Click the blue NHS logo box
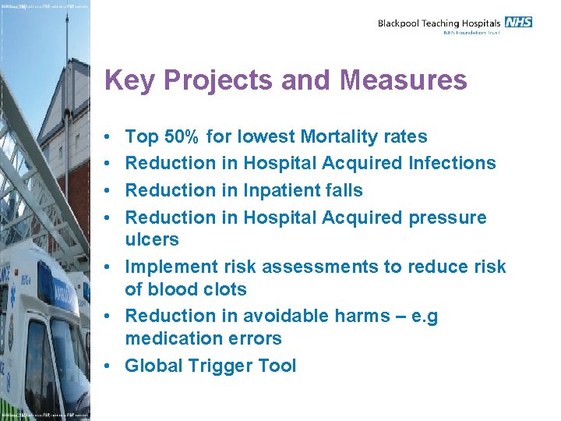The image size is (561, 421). (518, 22)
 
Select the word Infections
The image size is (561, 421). (452, 163)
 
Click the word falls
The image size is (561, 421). (344, 189)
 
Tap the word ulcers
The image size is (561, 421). (152, 239)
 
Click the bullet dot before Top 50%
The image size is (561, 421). (108, 137)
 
